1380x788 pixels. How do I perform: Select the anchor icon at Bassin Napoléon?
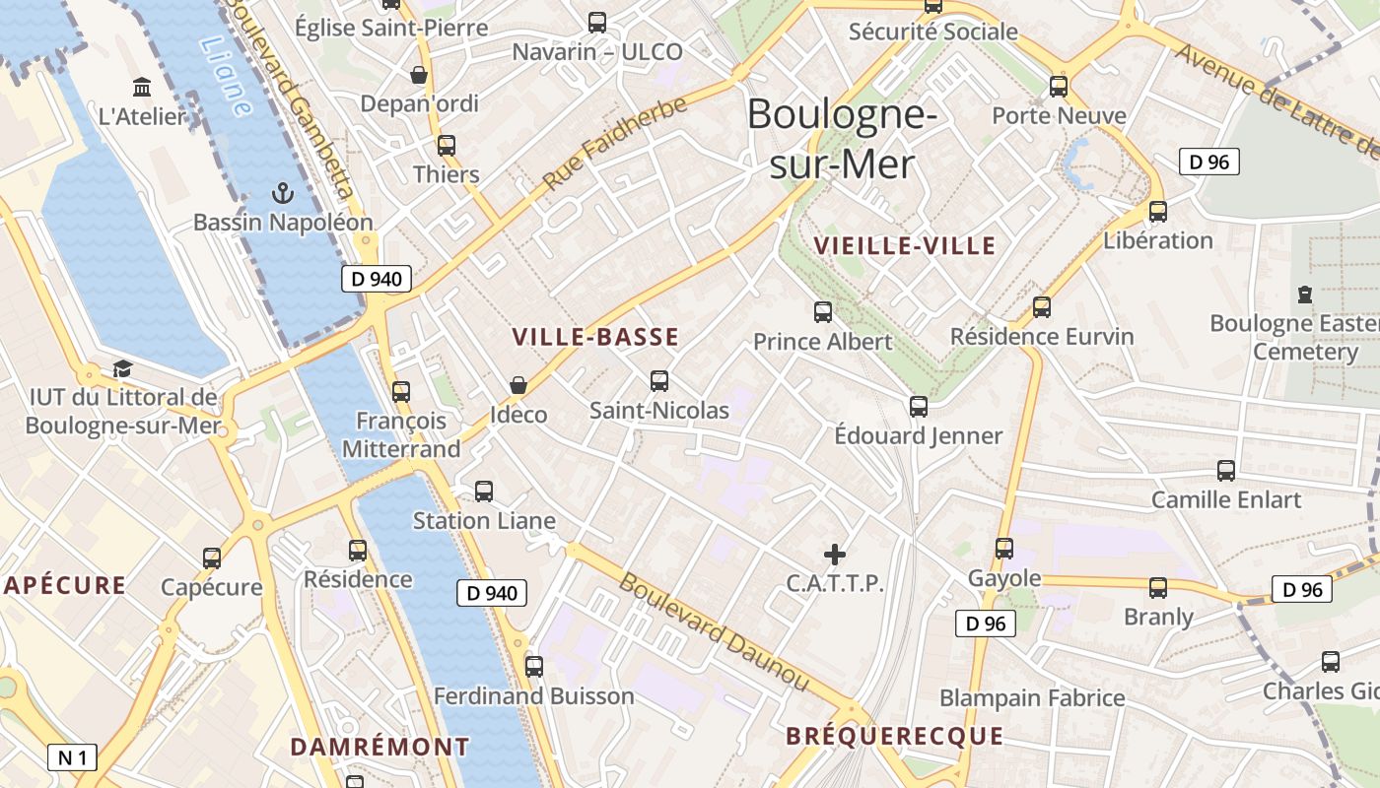tap(283, 193)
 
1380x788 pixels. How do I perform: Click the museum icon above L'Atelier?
tap(142, 88)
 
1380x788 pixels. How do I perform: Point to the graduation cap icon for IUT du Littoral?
tap(122, 368)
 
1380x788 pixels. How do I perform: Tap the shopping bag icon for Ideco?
tap(518, 385)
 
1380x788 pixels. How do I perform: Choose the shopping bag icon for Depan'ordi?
tap(419, 75)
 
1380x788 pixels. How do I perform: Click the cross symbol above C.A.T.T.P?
tap(835, 555)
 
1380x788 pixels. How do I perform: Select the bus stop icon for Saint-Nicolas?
tap(659, 381)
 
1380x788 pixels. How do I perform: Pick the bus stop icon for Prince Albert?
tap(823, 312)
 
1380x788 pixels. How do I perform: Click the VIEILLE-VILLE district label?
tap(905, 246)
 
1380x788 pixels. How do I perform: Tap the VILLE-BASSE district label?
tap(595, 337)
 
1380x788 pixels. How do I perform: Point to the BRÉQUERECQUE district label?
tap(894, 736)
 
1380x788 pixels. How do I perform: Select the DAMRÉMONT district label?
tap(379, 747)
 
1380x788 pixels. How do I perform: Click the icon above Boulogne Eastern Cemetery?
tap(1305, 295)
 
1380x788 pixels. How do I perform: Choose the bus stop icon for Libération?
tap(1158, 211)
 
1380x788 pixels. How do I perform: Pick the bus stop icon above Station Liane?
tap(484, 492)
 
